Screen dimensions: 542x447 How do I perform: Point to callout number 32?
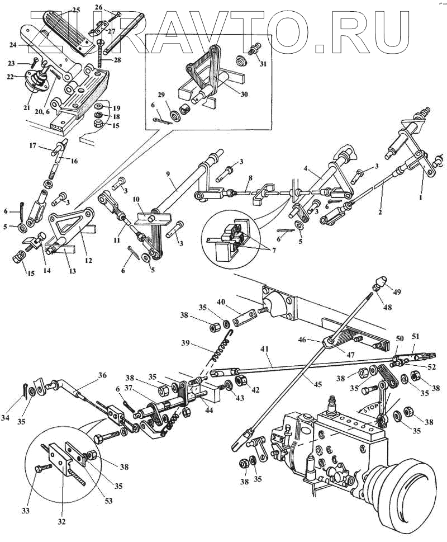61,522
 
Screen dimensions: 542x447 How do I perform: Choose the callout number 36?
102,376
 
